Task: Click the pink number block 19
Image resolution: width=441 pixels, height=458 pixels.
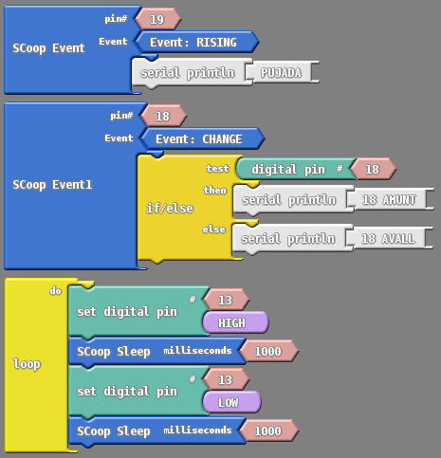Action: tap(158, 19)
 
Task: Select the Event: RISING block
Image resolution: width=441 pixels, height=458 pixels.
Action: tap(196, 42)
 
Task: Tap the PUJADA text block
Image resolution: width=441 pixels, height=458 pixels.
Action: tap(283, 73)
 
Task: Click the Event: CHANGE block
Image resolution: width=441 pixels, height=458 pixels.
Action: tap(202, 138)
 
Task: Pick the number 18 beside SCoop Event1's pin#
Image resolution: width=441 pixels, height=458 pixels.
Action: tap(164, 116)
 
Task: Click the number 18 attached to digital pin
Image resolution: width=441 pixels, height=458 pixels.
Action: tap(374, 169)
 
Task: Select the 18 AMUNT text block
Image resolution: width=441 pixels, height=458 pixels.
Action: tap(391, 199)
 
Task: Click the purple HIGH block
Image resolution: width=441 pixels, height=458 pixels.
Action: tap(235, 322)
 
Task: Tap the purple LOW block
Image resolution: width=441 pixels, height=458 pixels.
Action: tap(231, 402)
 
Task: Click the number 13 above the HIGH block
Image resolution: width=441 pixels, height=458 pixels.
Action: tap(227, 300)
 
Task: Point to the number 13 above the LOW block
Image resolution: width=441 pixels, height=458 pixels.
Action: tap(227, 379)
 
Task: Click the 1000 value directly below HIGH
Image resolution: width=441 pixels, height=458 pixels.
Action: tap(269, 351)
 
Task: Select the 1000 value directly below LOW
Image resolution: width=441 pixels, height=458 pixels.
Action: tap(269, 431)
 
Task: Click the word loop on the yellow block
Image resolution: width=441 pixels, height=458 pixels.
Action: tap(27, 364)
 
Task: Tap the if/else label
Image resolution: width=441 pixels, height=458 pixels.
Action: tap(170, 209)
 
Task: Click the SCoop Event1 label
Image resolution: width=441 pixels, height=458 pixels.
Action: tap(52, 185)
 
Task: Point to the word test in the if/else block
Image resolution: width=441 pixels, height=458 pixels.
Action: tap(217, 169)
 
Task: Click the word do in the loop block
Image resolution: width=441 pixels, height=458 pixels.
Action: tap(55, 290)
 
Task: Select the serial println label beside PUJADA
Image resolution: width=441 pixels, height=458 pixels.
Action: tap(188, 73)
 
